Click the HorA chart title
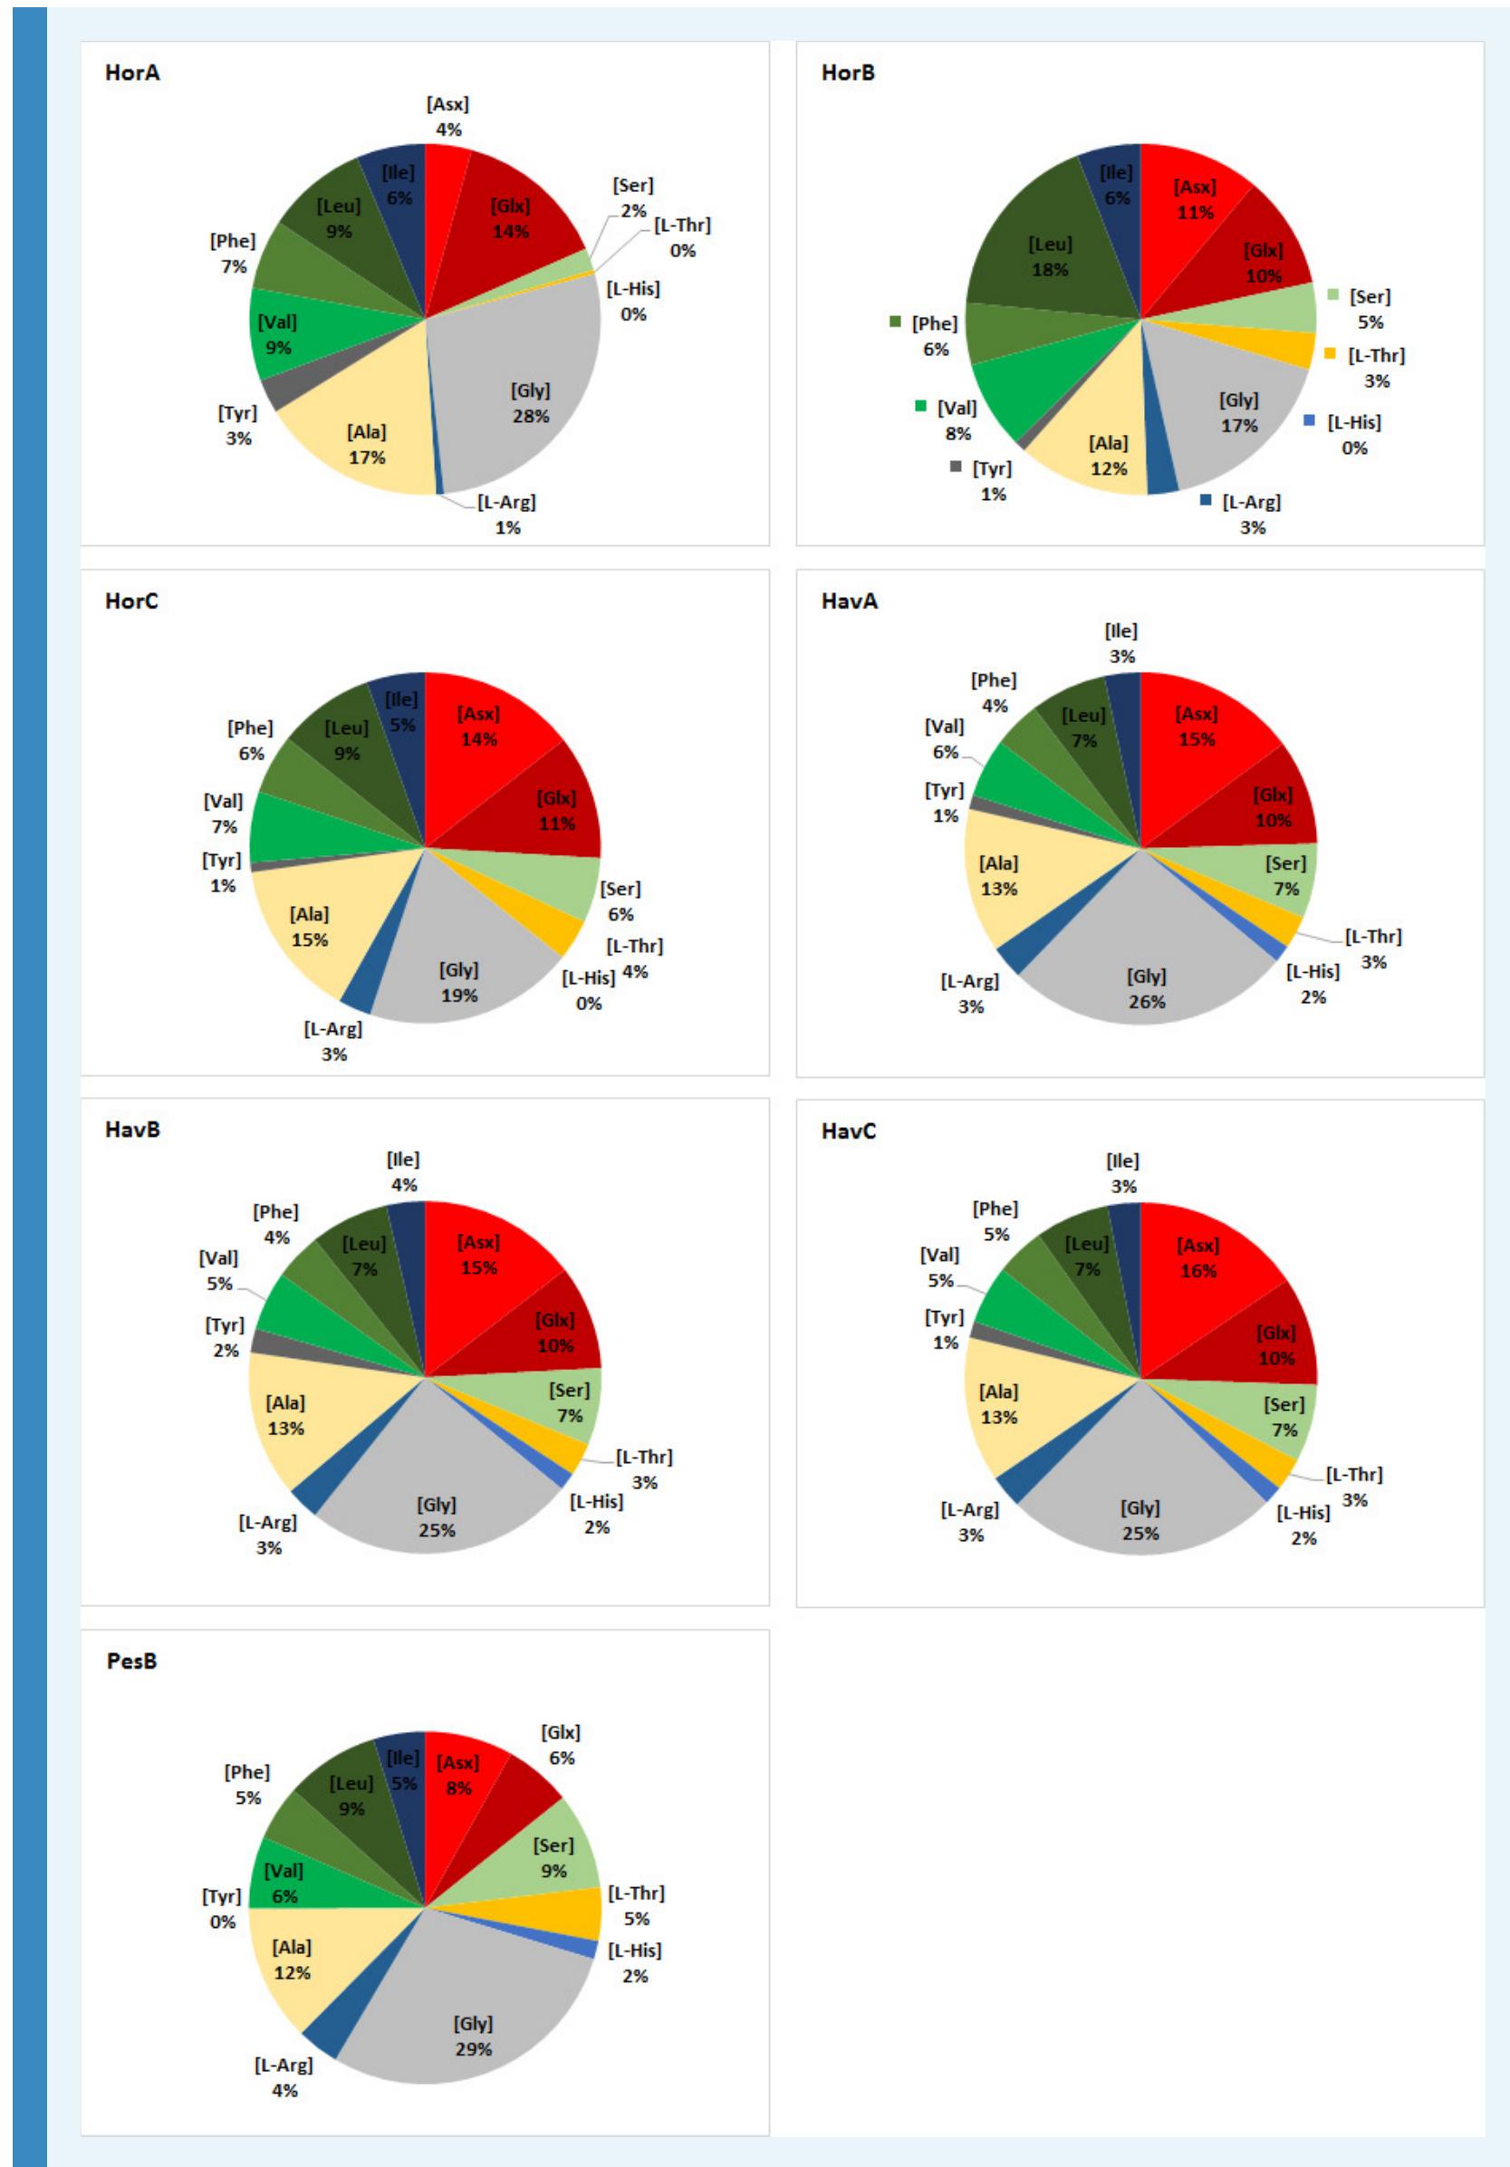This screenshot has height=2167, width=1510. coord(132,72)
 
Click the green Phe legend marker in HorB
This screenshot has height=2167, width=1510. coord(896,323)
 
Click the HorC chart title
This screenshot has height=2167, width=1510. coord(131,602)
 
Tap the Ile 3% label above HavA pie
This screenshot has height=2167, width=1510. coord(1121,642)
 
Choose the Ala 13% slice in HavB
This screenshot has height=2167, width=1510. coord(285,1416)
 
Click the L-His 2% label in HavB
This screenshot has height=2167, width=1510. coord(596,1513)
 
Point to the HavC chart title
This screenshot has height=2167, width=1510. coord(849,1131)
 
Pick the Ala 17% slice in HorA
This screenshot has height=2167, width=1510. coord(366,444)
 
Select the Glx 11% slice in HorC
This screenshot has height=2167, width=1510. coord(557,810)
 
